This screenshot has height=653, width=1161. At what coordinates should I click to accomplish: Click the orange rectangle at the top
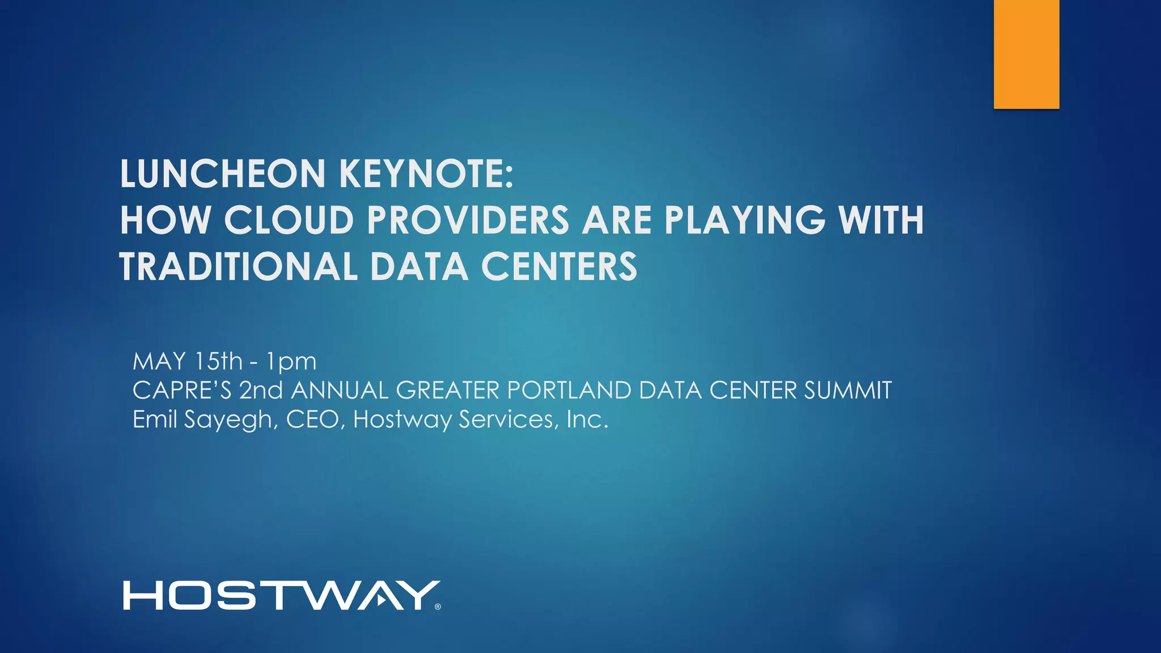[1026, 54]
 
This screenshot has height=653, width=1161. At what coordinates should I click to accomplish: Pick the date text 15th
[218, 361]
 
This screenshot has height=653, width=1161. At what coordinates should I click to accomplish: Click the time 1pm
[291, 362]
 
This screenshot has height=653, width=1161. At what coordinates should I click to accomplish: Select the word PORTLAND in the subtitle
[569, 390]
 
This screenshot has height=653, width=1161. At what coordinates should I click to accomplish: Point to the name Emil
[154, 419]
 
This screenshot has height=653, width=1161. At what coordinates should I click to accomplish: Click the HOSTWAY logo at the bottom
[281, 595]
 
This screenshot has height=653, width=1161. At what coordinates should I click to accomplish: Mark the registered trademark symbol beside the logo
[438, 607]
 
